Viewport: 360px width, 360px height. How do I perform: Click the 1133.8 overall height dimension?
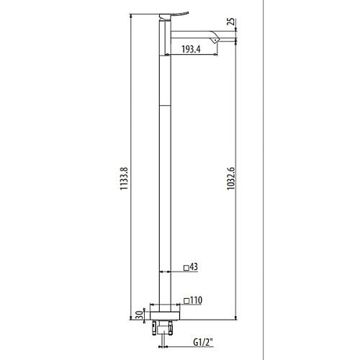click(x=124, y=179)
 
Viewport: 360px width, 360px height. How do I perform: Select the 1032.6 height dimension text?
click(x=231, y=179)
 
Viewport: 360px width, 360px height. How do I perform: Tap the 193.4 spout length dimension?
click(x=191, y=49)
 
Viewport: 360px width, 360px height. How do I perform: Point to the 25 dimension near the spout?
click(x=231, y=22)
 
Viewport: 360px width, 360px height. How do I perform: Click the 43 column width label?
click(x=194, y=266)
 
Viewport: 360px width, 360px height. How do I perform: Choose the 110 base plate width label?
click(x=196, y=300)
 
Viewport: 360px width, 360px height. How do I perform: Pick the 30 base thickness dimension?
click(x=139, y=315)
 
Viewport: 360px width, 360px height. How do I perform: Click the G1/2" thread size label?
click(x=203, y=343)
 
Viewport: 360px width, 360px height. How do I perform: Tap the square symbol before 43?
click(x=186, y=268)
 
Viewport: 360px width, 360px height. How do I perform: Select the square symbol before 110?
click(x=186, y=301)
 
